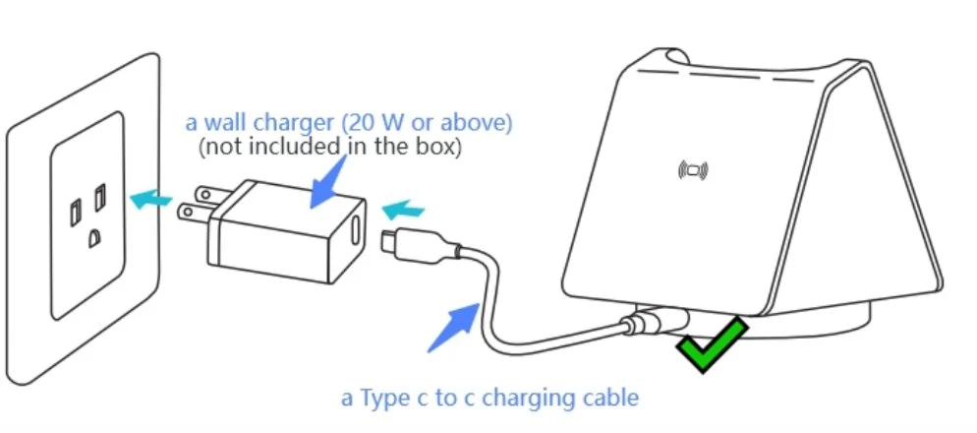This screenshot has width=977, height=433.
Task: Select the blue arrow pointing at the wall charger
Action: pos(325,182)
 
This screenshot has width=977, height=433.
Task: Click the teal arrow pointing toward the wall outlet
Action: pos(149,200)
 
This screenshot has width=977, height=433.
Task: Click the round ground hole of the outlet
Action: pos(93,236)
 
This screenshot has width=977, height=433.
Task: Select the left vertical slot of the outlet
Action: pos(76,211)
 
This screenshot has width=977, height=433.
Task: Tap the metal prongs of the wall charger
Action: pos(192,205)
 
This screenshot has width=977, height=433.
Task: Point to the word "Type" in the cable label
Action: pos(382,399)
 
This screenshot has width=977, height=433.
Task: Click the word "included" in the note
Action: pos(294,148)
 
